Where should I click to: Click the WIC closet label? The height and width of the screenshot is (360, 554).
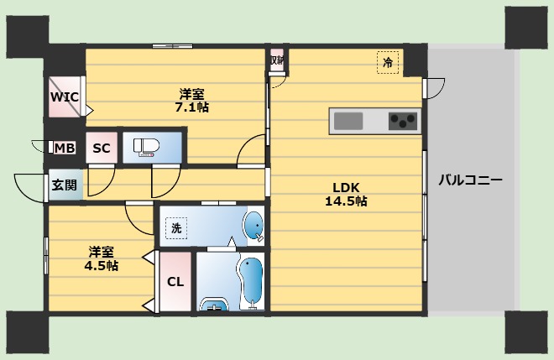pyautogui.click(x=65, y=97)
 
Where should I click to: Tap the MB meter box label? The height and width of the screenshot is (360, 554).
pyautogui.click(x=65, y=148)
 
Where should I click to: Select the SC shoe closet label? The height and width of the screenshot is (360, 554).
pyautogui.click(x=102, y=148)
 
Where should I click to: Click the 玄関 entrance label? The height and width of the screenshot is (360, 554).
pyautogui.click(x=64, y=185)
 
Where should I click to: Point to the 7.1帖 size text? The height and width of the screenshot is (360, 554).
pyautogui.click(x=192, y=107)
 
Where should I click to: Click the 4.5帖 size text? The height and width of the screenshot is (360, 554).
pyautogui.click(x=101, y=265)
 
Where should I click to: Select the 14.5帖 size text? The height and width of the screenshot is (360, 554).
pyautogui.click(x=346, y=201)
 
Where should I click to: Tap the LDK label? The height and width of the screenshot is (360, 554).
pyautogui.click(x=346, y=187)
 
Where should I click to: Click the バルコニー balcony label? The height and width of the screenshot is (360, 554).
pyautogui.click(x=470, y=180)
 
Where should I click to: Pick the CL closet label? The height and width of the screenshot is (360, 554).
pyautogui.click(x=175, y=282)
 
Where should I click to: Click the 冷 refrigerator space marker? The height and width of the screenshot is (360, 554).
pyautogui.click(x=388, y=63)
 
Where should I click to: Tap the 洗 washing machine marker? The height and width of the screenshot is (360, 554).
pyautogui.click(x=176, y=228)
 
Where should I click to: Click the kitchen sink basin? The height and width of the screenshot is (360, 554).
pyautogui.click(x=348, y=121)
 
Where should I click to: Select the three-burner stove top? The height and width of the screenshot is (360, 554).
pyautogui.click(x=403, y=121)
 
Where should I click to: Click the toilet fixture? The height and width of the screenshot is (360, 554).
pyautogui.click(x=146, y=148)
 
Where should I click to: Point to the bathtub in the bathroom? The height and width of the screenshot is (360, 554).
pyautogui.click(x=252, y=281)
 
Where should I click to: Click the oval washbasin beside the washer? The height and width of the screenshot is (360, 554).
pyautogui.click(x=253, y=226)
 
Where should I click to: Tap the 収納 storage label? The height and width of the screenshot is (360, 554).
pyautogui.click(x=277, y=60)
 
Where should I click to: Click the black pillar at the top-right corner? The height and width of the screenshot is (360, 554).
pyautogui.click(x=526, y=28)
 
